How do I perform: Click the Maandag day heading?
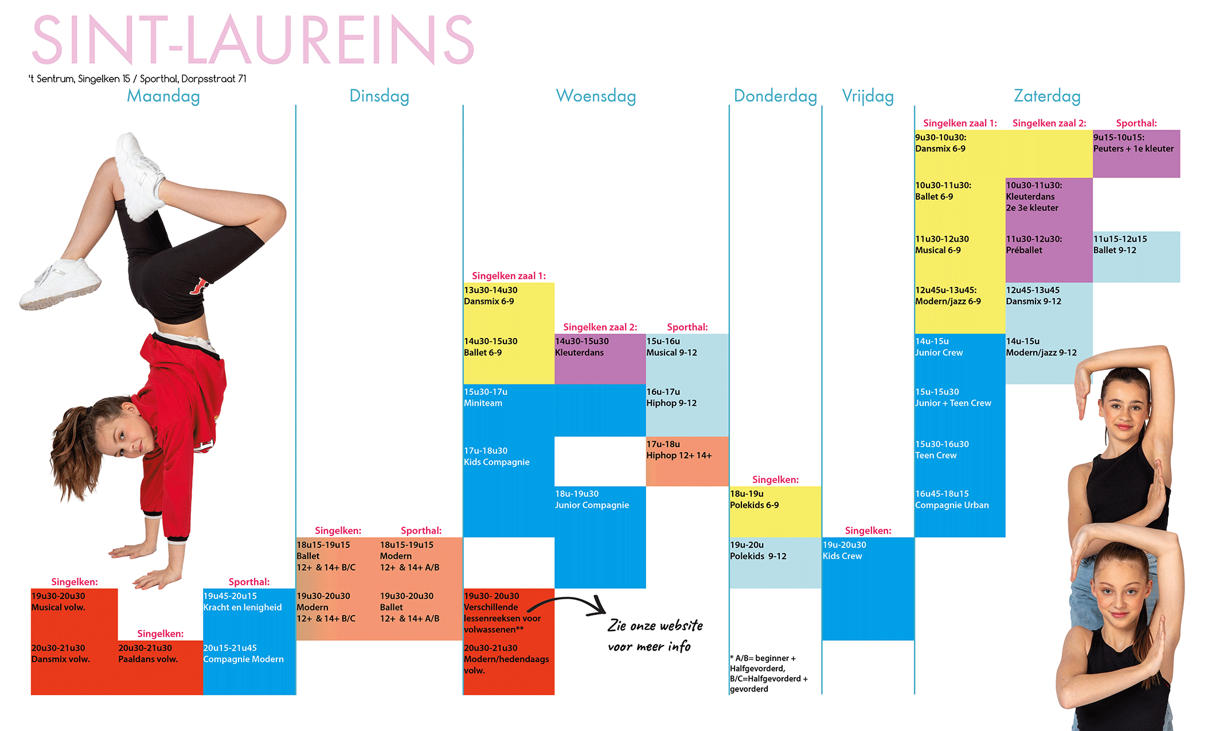coord(163,96)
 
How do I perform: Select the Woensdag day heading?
coord(596,96)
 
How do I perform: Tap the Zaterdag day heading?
coord(1047,96)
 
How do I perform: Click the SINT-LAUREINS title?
coord(253,40)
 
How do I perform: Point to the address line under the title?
coord(138,79)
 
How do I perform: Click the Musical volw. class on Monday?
coord(58,602)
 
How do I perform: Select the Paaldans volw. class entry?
coord(148,654)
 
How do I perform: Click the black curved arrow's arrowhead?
coord(597,607)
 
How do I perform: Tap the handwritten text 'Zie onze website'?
coord(655,625)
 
